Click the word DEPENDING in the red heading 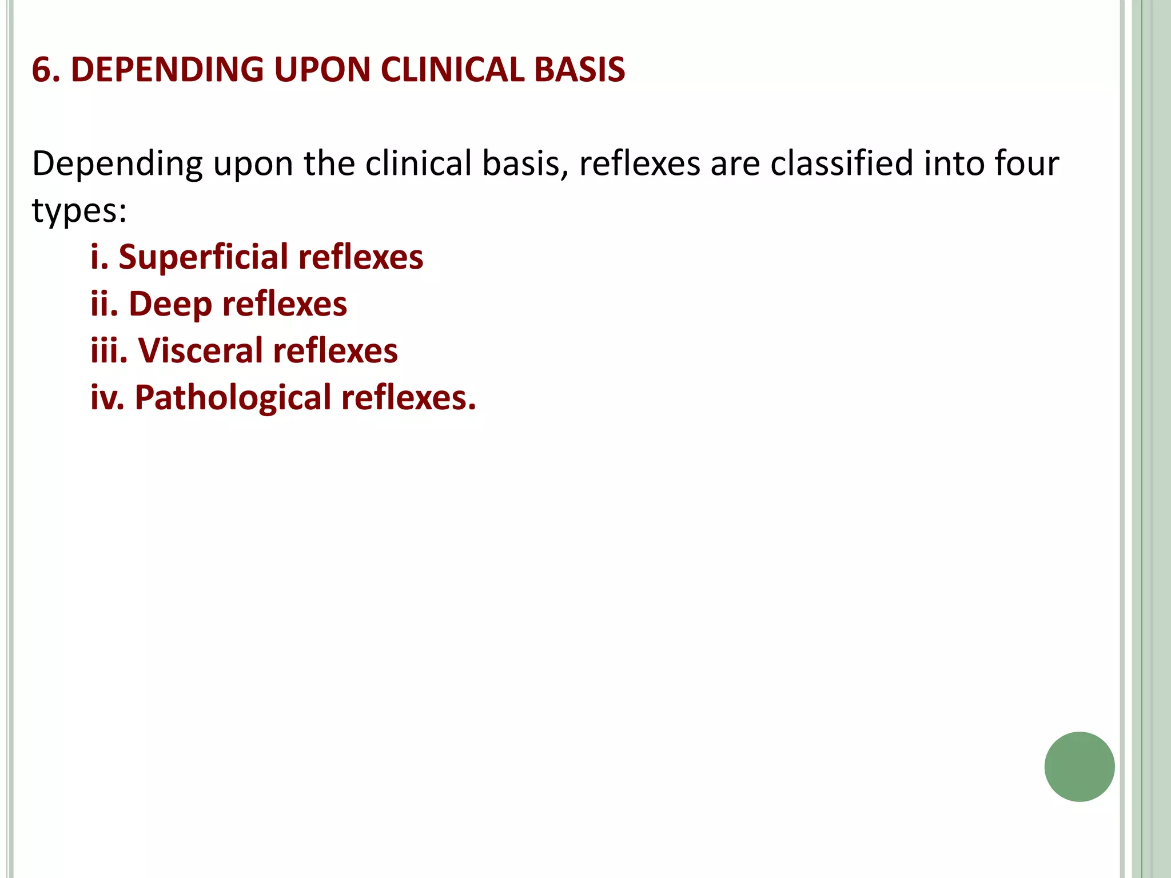pos(167,70)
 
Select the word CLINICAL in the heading pos(452,70)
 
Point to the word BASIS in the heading pos(579,70)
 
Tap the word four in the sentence pos(1027,163)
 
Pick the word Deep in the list pos(170,304)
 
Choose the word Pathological pos(233,398)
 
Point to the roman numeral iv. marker pos(107,398)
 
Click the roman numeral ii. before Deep pos(104,304)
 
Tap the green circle pos(1079,767)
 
